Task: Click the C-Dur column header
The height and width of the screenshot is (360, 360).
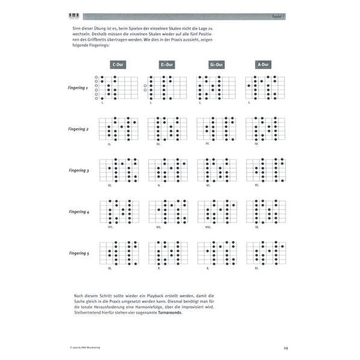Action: (118, 64)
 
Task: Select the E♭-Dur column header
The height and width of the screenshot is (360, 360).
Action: (167, 64)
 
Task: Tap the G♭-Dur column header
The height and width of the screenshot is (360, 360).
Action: (216, 64)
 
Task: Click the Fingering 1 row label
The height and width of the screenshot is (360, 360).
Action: (79, 88)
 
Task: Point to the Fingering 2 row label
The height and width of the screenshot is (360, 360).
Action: (79, 129)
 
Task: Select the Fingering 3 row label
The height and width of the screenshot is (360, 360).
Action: (79, 171)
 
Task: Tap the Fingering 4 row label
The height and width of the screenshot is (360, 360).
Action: (79, 212)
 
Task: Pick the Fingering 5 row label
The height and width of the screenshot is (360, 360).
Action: (79, 254)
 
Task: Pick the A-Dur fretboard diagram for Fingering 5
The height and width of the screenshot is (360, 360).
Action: (265, 254)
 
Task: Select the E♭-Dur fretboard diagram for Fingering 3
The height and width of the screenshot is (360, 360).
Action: (167, 170)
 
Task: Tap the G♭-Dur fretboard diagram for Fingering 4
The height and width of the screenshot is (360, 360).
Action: (217, 212)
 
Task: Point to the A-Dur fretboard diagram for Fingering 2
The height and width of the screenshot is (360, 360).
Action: (265, 129)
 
